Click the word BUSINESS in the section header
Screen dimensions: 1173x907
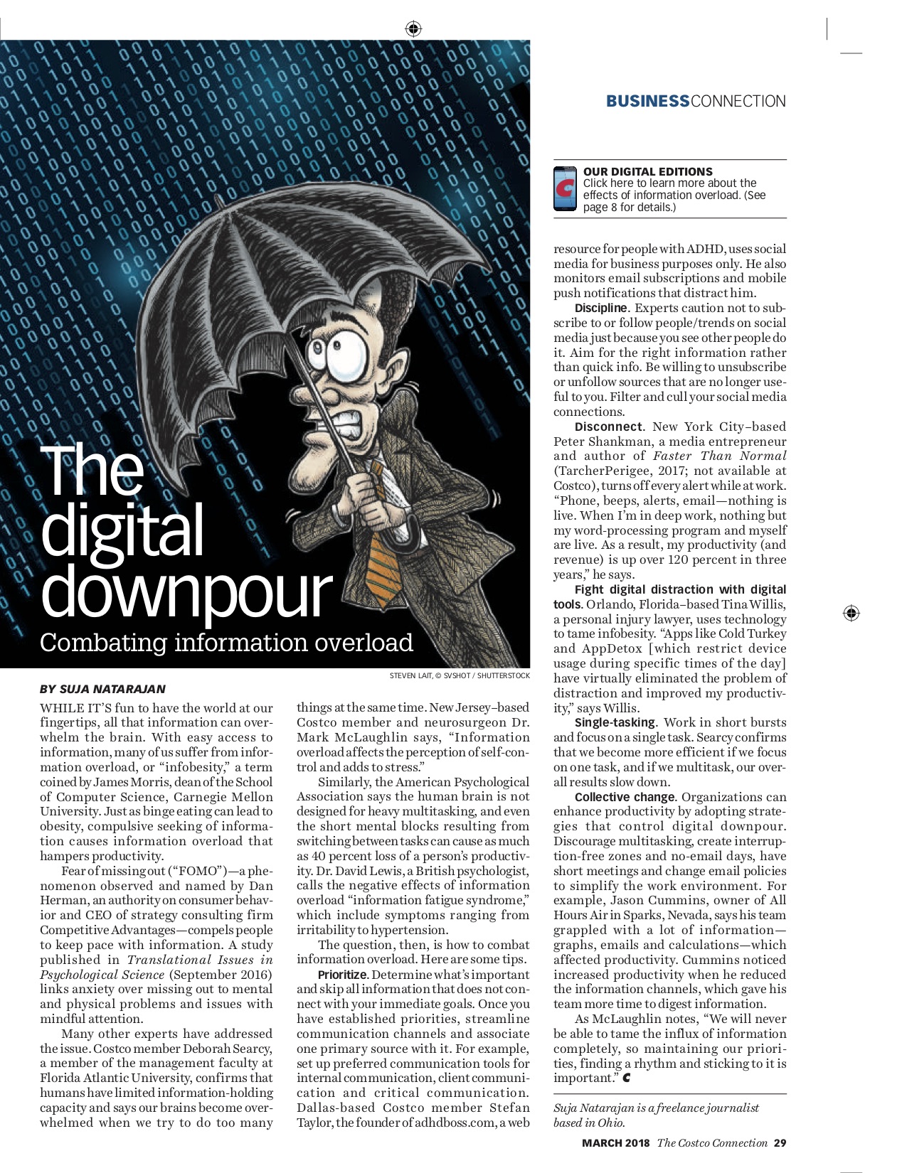click(647, 102)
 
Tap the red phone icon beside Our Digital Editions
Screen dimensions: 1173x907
click(566, 189)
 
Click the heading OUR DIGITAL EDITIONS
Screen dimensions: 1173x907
click(647, 171)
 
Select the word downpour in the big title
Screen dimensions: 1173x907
click(186, 591)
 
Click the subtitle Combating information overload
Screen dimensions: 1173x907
click(226, 642)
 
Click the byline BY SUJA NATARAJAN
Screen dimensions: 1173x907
click(102, 689)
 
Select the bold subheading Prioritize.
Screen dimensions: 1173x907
click(343, 975)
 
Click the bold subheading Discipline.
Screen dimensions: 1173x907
click(601, 308)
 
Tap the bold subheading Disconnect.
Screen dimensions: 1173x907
click(608, 427)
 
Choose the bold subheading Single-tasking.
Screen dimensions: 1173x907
click(615, 722)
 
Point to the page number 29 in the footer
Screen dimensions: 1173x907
click(780, 1143)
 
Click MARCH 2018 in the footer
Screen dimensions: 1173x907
click(615, 1143)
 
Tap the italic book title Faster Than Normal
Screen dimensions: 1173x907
click(719, 456)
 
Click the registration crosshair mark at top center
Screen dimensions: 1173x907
click(413, 29)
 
